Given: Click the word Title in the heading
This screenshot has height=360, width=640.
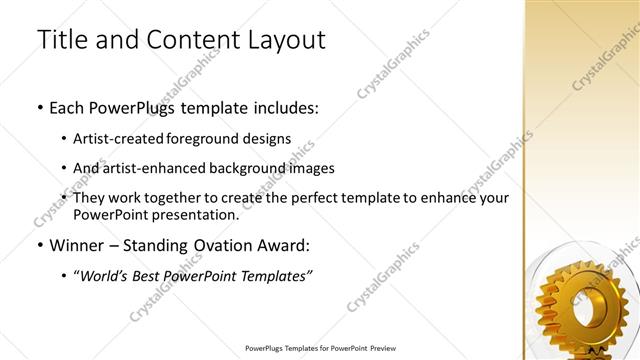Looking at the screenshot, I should coord(60,41).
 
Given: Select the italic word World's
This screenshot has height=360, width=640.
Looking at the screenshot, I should coord(102,276).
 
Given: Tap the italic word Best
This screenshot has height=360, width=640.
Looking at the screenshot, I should coord(149,276).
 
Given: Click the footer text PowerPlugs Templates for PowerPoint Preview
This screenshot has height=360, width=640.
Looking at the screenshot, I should coord(319,349).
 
